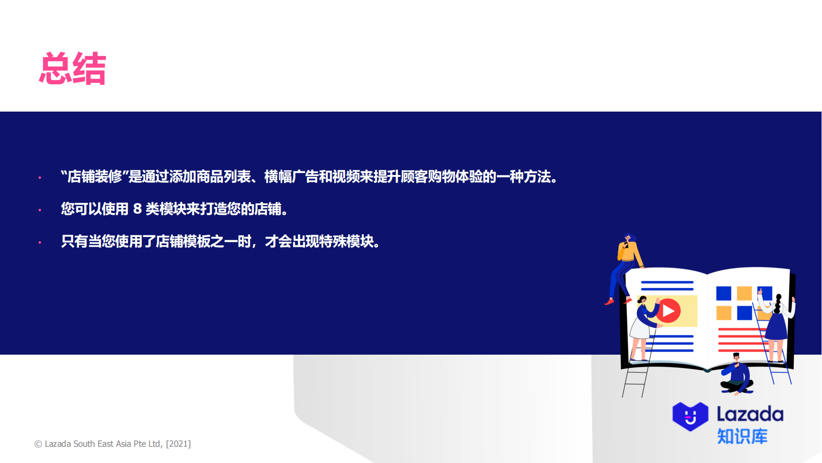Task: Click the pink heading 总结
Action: click(x=73, y=69)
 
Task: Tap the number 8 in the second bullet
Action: click(x=137, y=209)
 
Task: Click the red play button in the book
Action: click(x=669, y=311)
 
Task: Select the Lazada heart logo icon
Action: click(x=690, y=416)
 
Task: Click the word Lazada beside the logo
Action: click(x=750, y=414)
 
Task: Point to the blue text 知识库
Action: click(x=742, y=437)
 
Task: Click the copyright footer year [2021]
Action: click(x=178, y=444)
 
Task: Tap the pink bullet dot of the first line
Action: click(x=40, y=177)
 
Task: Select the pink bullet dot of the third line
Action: click(x=40, y=242)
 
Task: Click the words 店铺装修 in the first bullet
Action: click(x=95, y=176)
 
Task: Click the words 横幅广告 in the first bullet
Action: click(x=291, y=176)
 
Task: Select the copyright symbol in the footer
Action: click(x=38, y=444)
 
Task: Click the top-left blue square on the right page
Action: click(x=724, y=293)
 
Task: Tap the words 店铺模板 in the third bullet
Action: click(x=183, y=241)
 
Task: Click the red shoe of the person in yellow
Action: click(x=609, y=302)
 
